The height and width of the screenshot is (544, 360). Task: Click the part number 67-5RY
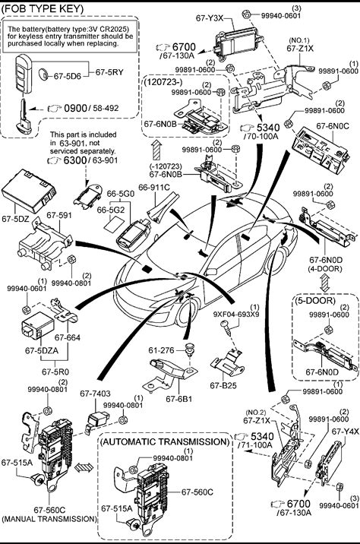pyautogui.click(x=109, y=72)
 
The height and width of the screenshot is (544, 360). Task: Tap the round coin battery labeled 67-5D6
pyautogui.click(x=44, y=74)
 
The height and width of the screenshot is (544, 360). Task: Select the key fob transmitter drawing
pyautogui.click(x=24, y=74)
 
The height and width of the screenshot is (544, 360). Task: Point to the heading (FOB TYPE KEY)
pyautogui.click(x=43, y=8)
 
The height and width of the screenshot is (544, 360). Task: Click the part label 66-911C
pyautogui.click(x=154, y=188)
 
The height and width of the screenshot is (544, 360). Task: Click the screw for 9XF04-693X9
pyautogui.click(x=226, y=327)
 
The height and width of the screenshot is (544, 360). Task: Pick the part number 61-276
pyautogui.click(x=161, y=350)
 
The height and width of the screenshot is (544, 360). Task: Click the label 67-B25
pyautogui.click(x=223, y=385)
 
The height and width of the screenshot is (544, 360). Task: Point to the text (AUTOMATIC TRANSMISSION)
pyautogui.click(x=165, y=441)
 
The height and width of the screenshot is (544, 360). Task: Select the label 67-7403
pyautogui.click(x=95, y=394)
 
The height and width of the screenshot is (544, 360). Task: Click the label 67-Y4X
pyautogui.click(x=345, y=432)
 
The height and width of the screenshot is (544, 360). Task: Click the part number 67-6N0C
pyautogui.click(x=332, y=126)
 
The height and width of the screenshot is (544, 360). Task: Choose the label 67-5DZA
pyautogui.click(x=42, y=350)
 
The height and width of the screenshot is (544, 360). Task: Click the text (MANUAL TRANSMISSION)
pyautogui.click(x=49, y=519)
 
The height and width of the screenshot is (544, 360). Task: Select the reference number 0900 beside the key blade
pyautogui.click(x=76, y=108)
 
